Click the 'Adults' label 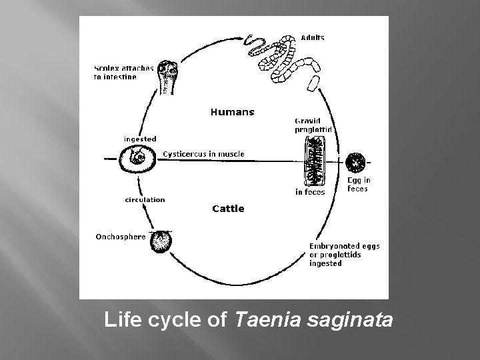click(x=312, y=38)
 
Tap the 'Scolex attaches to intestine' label click(x=123, y=72)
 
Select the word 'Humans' click(x=232, y=112)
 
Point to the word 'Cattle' click(x=228, y=209)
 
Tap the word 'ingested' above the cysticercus click(x=140, y=139)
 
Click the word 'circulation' click(x=145, y=199)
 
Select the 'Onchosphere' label click(x=120, y=236)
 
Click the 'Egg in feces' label click(x=359, y=185)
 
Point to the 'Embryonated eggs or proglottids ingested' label click(x=344, y=255)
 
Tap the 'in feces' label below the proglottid click(x=310, y=192)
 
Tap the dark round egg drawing click(x=355, y=161)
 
